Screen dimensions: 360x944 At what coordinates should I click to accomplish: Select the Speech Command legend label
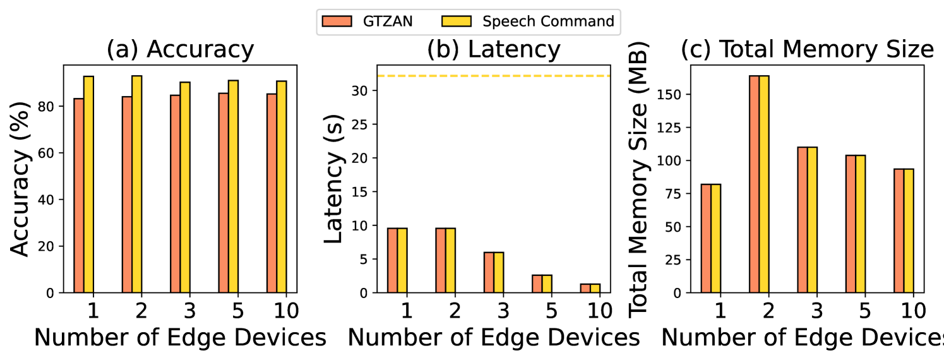[548, 21]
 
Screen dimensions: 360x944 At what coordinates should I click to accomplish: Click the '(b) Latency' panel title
[493, 50]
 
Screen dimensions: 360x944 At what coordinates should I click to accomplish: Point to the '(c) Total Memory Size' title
[807, 50]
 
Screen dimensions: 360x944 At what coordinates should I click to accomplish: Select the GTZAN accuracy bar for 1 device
[78, 196]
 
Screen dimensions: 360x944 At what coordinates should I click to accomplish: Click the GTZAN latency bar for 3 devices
[489, 272]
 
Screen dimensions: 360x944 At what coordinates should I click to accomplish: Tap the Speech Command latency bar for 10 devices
[595, 289]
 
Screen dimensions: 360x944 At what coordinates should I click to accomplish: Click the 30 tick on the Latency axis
[361, 90]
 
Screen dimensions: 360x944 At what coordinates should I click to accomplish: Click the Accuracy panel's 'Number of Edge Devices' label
[180, 339]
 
